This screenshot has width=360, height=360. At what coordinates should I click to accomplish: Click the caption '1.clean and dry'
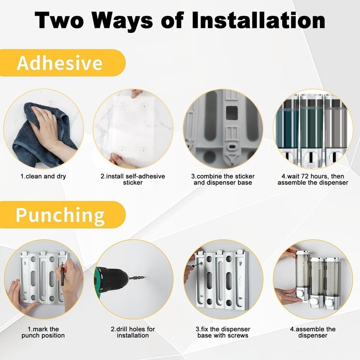tap(43, 176)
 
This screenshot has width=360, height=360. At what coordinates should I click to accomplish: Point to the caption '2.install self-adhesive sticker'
tap(133, 180)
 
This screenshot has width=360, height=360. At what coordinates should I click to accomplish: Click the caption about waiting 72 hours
tap(313, 180)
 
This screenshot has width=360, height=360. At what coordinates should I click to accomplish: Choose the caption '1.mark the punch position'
tap(43, 332)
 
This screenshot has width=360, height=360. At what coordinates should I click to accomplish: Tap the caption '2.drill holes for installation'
tap(133, 332)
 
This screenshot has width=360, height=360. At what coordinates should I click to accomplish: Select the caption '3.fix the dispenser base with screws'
tap(223, 332)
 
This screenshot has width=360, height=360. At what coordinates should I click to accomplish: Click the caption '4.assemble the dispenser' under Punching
tap(313, 332)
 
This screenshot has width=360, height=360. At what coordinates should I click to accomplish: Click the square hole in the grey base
tap(232, 113)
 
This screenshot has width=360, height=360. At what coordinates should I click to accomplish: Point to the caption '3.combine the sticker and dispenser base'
tap(223, 180)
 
